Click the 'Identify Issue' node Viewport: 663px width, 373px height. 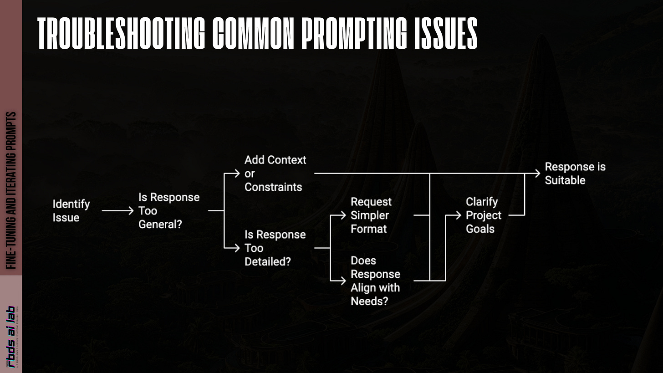pyautogui.click(x=71, y=210)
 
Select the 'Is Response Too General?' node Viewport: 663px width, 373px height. pyautogui.click(x=168, y=210)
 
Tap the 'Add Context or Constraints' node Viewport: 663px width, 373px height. pyautogui.click(x=275, y=173)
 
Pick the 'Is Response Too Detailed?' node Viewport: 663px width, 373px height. pyautogui.click(x=275, y=248)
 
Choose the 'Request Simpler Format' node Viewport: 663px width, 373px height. pyautogui.click(x=371, y=215)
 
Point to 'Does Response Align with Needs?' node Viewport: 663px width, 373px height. pyautogui.click(x=375, y=281)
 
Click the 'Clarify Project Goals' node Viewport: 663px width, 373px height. pyautogui.click(x=483, y=215)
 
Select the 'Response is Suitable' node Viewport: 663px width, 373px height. pyautogui.click(x=575, y=173)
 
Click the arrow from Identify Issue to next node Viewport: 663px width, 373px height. pyautogui.click(x=117, y=211)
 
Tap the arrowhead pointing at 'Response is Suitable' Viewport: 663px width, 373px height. pyautogui.click(x=537, y=174)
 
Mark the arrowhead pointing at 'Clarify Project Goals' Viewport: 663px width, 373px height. pyautogui.click(x=459, y=215)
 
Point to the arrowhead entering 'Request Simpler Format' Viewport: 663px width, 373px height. pyautogui.click(x=343, y=215)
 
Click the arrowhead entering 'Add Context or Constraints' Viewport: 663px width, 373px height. pyautogui.click(x=236, y=174)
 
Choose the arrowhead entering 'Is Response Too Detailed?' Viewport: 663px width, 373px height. pyautogui.click(x=236, y=248)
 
